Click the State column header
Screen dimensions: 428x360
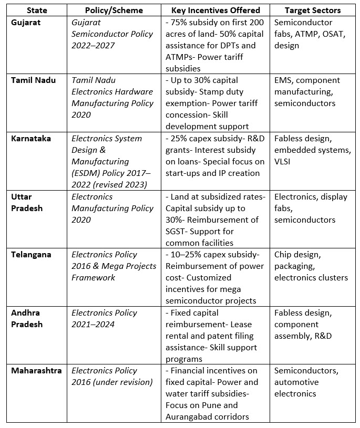[x=36, y=11]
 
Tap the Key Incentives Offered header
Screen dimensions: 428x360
[x=215, y=11]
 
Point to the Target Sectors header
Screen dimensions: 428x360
[x=312, y=11]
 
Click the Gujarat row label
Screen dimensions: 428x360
[x=28, y=23]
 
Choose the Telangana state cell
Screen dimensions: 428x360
[x=32, y=255]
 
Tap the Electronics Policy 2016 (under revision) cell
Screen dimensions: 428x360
[x=112, y=376]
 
